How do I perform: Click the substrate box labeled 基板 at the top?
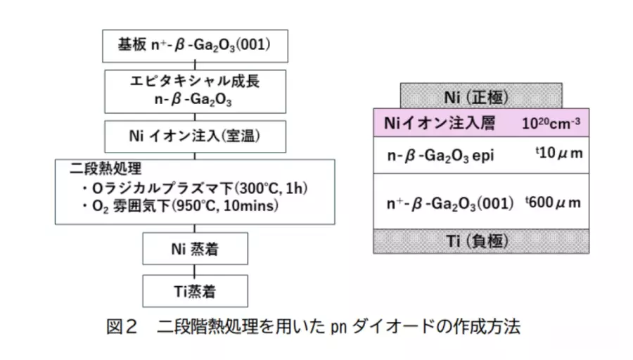[195, 46]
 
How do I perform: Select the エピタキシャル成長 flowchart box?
[195, 91]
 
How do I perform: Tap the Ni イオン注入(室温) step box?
[195, 136]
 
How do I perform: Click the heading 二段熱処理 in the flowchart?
[105, 168]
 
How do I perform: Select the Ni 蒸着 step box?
[195, 249]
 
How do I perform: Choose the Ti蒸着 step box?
[195, 291]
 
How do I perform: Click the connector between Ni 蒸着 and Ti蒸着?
[195, 270]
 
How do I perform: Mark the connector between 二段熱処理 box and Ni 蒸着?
[195, 229]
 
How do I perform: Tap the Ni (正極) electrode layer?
[481, 96]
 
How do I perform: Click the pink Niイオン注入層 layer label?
[440, 122]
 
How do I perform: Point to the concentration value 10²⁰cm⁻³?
[551, 122]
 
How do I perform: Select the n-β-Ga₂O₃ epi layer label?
[440, 155]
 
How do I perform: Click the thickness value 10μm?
[559, 153]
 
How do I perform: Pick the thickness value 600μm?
[553, 202]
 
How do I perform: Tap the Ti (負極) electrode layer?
[481, 241]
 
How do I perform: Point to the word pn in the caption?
[339, 328]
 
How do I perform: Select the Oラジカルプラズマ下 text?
[162, 188]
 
